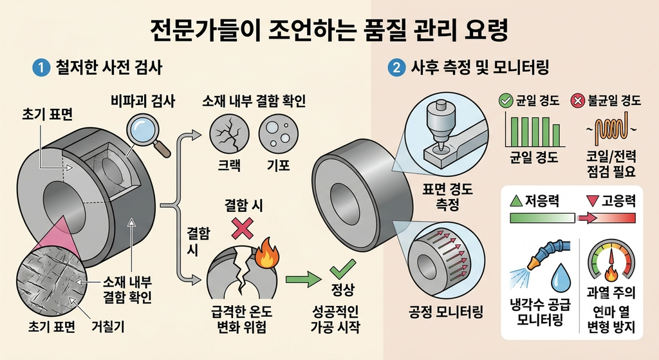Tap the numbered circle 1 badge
(x=41, y=68)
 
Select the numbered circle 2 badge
(x=396, y=68)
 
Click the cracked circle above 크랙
(x=229, y=135)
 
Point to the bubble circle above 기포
(x=278, y=135)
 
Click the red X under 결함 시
(x=243, y=229)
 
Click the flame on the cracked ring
(x=265, y=253)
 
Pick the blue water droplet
(x=561, y=277)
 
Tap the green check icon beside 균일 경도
(x=505, y=100)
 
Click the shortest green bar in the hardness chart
(x=557, y=135)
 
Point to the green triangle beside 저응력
(x=516, y=200)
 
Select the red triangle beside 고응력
(x=593, y=201)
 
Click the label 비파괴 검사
(x=143, y=101)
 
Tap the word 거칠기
(x=108, y=327)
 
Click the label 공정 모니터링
(x=446, y=312)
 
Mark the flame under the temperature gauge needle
(x=611, y=274)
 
